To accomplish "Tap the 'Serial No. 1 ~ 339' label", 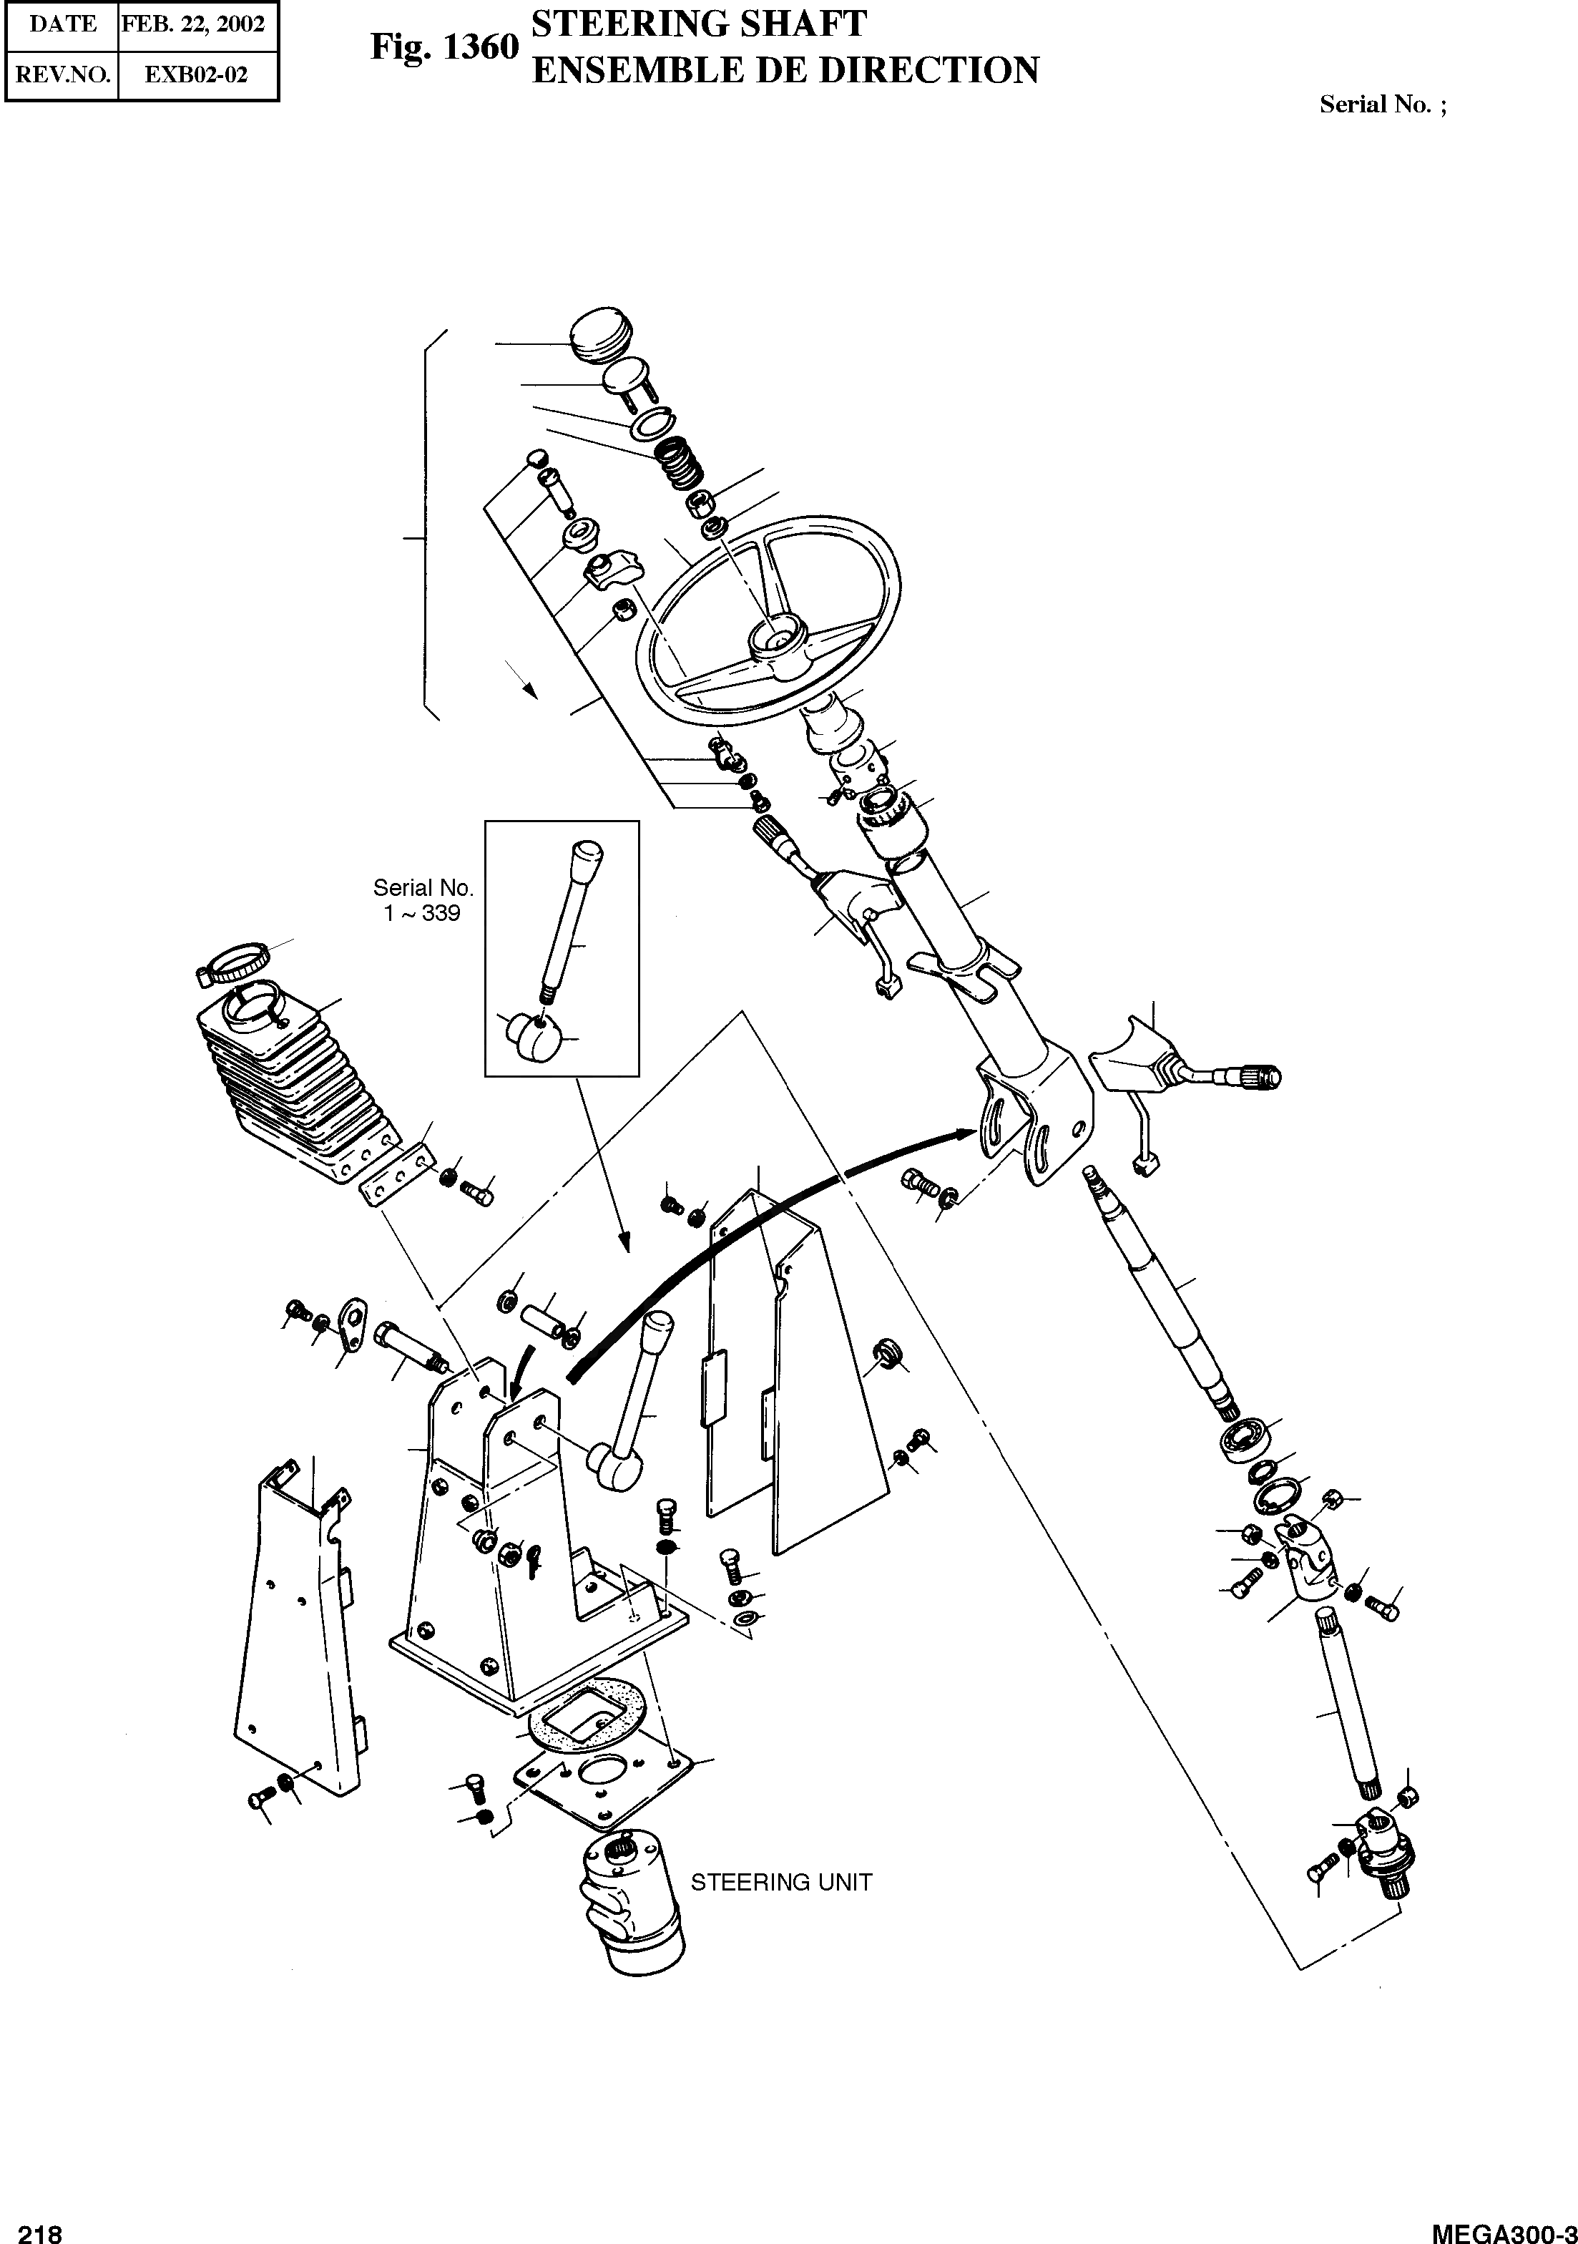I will point(423,900).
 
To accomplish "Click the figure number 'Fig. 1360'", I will point(443,47).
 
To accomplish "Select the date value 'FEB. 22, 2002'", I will point(193,24).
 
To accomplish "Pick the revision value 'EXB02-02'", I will point(195,74).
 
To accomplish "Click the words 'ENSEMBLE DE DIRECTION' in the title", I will point(785,70).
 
